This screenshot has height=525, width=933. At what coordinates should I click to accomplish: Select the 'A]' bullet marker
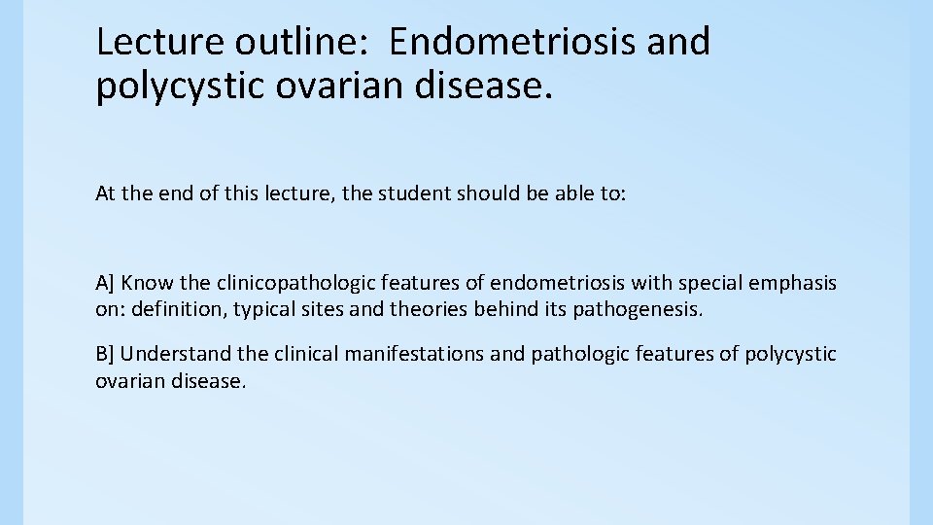(105, 283)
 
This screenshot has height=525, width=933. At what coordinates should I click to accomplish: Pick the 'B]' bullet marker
(105, 354)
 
